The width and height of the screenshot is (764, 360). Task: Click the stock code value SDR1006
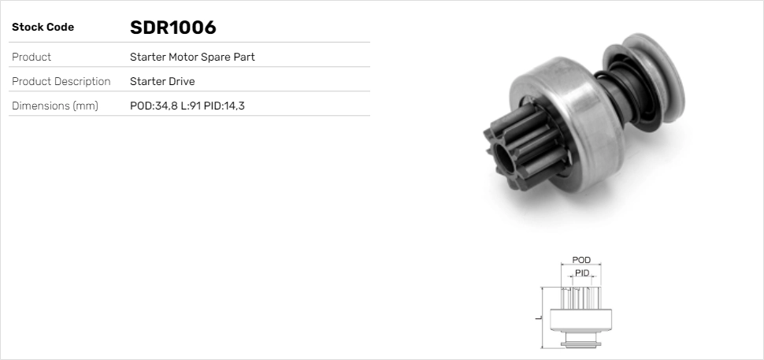point(172,28)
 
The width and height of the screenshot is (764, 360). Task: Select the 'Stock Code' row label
point(43,28)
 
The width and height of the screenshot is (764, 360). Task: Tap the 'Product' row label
point(32,58)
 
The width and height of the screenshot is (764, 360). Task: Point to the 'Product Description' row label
point(61,81)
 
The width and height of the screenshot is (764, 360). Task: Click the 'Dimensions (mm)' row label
point(54,106)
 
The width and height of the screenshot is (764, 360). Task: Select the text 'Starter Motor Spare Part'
point(192,58)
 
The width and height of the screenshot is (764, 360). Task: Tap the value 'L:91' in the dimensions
point(191,106)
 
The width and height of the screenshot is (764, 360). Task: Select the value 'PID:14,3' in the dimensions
point(224,106)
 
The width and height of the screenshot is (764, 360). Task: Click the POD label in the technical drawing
point(581,260)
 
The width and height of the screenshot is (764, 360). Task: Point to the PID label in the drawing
point(581,273)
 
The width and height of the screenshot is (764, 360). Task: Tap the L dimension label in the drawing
point(538,317)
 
